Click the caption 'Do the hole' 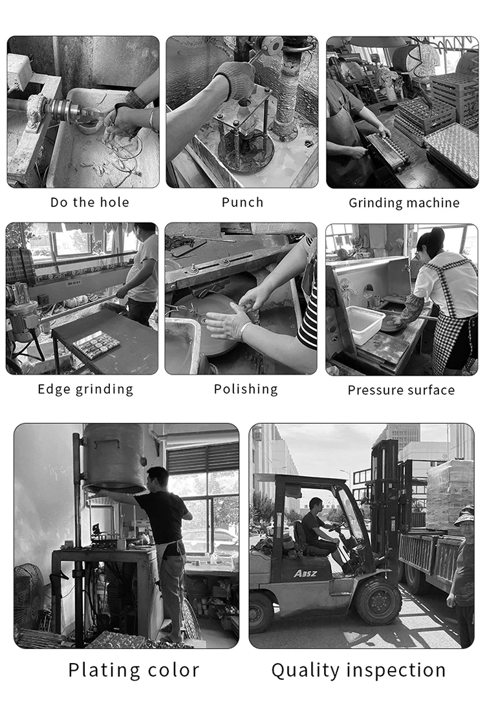tap(89, 202)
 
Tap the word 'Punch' tap(242, 202)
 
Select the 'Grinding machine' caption tap(404, 202)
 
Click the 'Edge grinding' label tap(85, 389)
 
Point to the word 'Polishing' tap(246, 389)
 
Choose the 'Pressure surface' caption tap(401, 390)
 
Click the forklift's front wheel tap(378, 601)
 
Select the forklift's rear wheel tap(261, 612)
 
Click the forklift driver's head tap(316, 505)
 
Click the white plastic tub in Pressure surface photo tap(365, 323)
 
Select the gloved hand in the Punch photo tap(236, 80)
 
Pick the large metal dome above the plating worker tap(114, 459)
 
